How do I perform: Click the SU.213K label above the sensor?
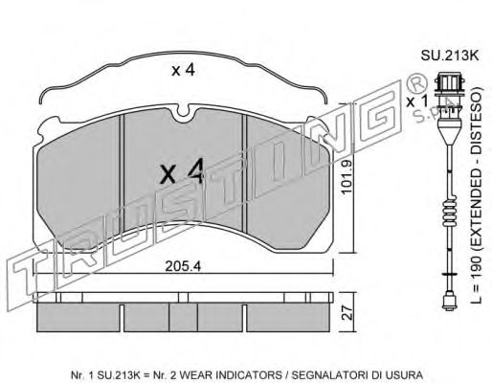[450, 56]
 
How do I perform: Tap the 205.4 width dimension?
[183, 266]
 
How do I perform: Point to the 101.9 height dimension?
[346, 177]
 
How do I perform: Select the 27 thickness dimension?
[348, 313]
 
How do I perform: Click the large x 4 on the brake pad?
[182, 172]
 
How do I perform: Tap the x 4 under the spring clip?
[183, 70]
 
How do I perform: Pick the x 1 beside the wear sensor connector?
[416, 101]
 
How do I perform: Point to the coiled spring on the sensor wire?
[450, 212]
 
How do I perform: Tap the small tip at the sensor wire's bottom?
[448, 302]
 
